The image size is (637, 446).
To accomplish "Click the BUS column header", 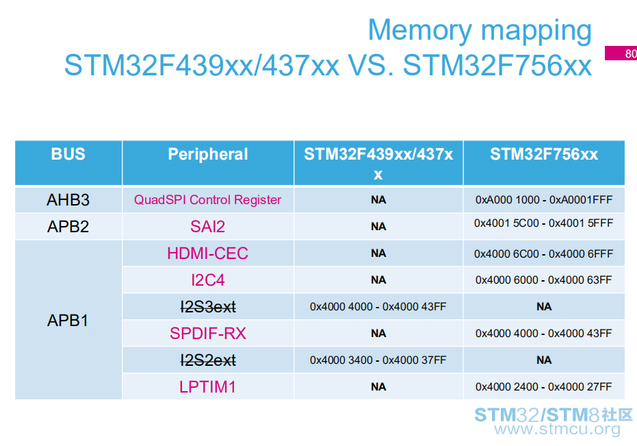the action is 68,154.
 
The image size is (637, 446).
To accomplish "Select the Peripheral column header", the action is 207,155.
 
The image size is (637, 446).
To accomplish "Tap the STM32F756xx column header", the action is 544,154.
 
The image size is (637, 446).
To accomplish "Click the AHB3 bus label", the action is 68,200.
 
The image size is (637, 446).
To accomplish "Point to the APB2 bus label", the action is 68,227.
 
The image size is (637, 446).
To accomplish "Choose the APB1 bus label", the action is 68,321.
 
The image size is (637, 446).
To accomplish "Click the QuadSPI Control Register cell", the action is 207,200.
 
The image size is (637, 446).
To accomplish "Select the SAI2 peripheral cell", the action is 207,227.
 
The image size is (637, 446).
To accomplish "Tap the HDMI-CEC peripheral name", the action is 207,253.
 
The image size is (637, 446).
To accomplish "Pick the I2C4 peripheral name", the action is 207,280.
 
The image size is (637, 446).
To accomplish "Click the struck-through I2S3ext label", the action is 208,307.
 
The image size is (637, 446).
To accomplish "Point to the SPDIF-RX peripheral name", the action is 207,334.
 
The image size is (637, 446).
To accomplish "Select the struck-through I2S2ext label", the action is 208,360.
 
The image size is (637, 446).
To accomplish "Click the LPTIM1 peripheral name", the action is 207,387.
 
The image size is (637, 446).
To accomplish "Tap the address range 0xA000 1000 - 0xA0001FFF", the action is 544,200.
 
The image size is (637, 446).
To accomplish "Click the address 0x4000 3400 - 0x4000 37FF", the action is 378,360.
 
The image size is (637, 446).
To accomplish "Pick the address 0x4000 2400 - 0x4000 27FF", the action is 543,386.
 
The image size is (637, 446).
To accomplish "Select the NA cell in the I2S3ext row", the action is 544,307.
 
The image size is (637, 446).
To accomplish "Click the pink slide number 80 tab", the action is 621,53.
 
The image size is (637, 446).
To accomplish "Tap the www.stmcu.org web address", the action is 558,429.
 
